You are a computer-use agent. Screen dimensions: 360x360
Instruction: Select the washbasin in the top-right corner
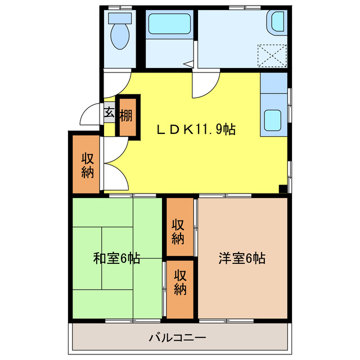click(278, 23)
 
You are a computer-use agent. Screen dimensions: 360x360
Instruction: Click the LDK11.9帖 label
click(195, 130)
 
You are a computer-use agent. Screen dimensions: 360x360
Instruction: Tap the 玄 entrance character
click(109, 112)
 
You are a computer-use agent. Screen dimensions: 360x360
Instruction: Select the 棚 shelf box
click(126, 116)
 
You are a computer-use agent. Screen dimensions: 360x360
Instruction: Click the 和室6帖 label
click(116, 259)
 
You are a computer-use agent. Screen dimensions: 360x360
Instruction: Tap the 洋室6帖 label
click(242, 259)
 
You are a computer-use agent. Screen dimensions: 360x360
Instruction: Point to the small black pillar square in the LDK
click(283, 189)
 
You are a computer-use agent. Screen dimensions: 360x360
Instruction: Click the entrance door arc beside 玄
click(90, 115)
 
